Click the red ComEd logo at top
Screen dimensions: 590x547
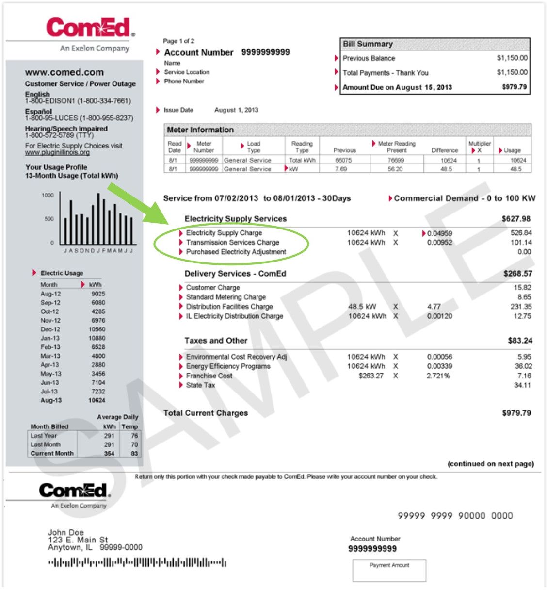[x=90, y=28]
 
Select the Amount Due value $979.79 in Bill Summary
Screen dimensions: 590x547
[x=514, y=87]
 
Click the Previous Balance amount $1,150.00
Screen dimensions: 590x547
[x=512, y=58]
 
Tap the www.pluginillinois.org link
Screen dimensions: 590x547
[x=57, y=153]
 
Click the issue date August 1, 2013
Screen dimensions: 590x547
[x=236, y=110]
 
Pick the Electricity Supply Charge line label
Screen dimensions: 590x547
[x=224, y=233]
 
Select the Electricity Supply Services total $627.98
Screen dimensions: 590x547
[x=516, y=219]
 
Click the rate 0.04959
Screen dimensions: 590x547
[x=439, y=233]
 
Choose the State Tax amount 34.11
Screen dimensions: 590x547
[x=522, y=385]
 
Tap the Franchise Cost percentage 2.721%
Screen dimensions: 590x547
[x=438, y=376]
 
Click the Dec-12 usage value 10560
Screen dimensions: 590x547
[x=97, y=329]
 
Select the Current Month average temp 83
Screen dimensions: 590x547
[x=134, y=454]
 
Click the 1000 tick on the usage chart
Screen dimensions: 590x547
[x=48, y=195]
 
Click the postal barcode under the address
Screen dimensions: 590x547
[x=137, y=563]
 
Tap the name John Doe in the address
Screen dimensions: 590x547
[x=66, y=532]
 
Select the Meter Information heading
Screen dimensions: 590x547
[x=200, y=130]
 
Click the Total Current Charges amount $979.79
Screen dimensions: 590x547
[x=516, y=413]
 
